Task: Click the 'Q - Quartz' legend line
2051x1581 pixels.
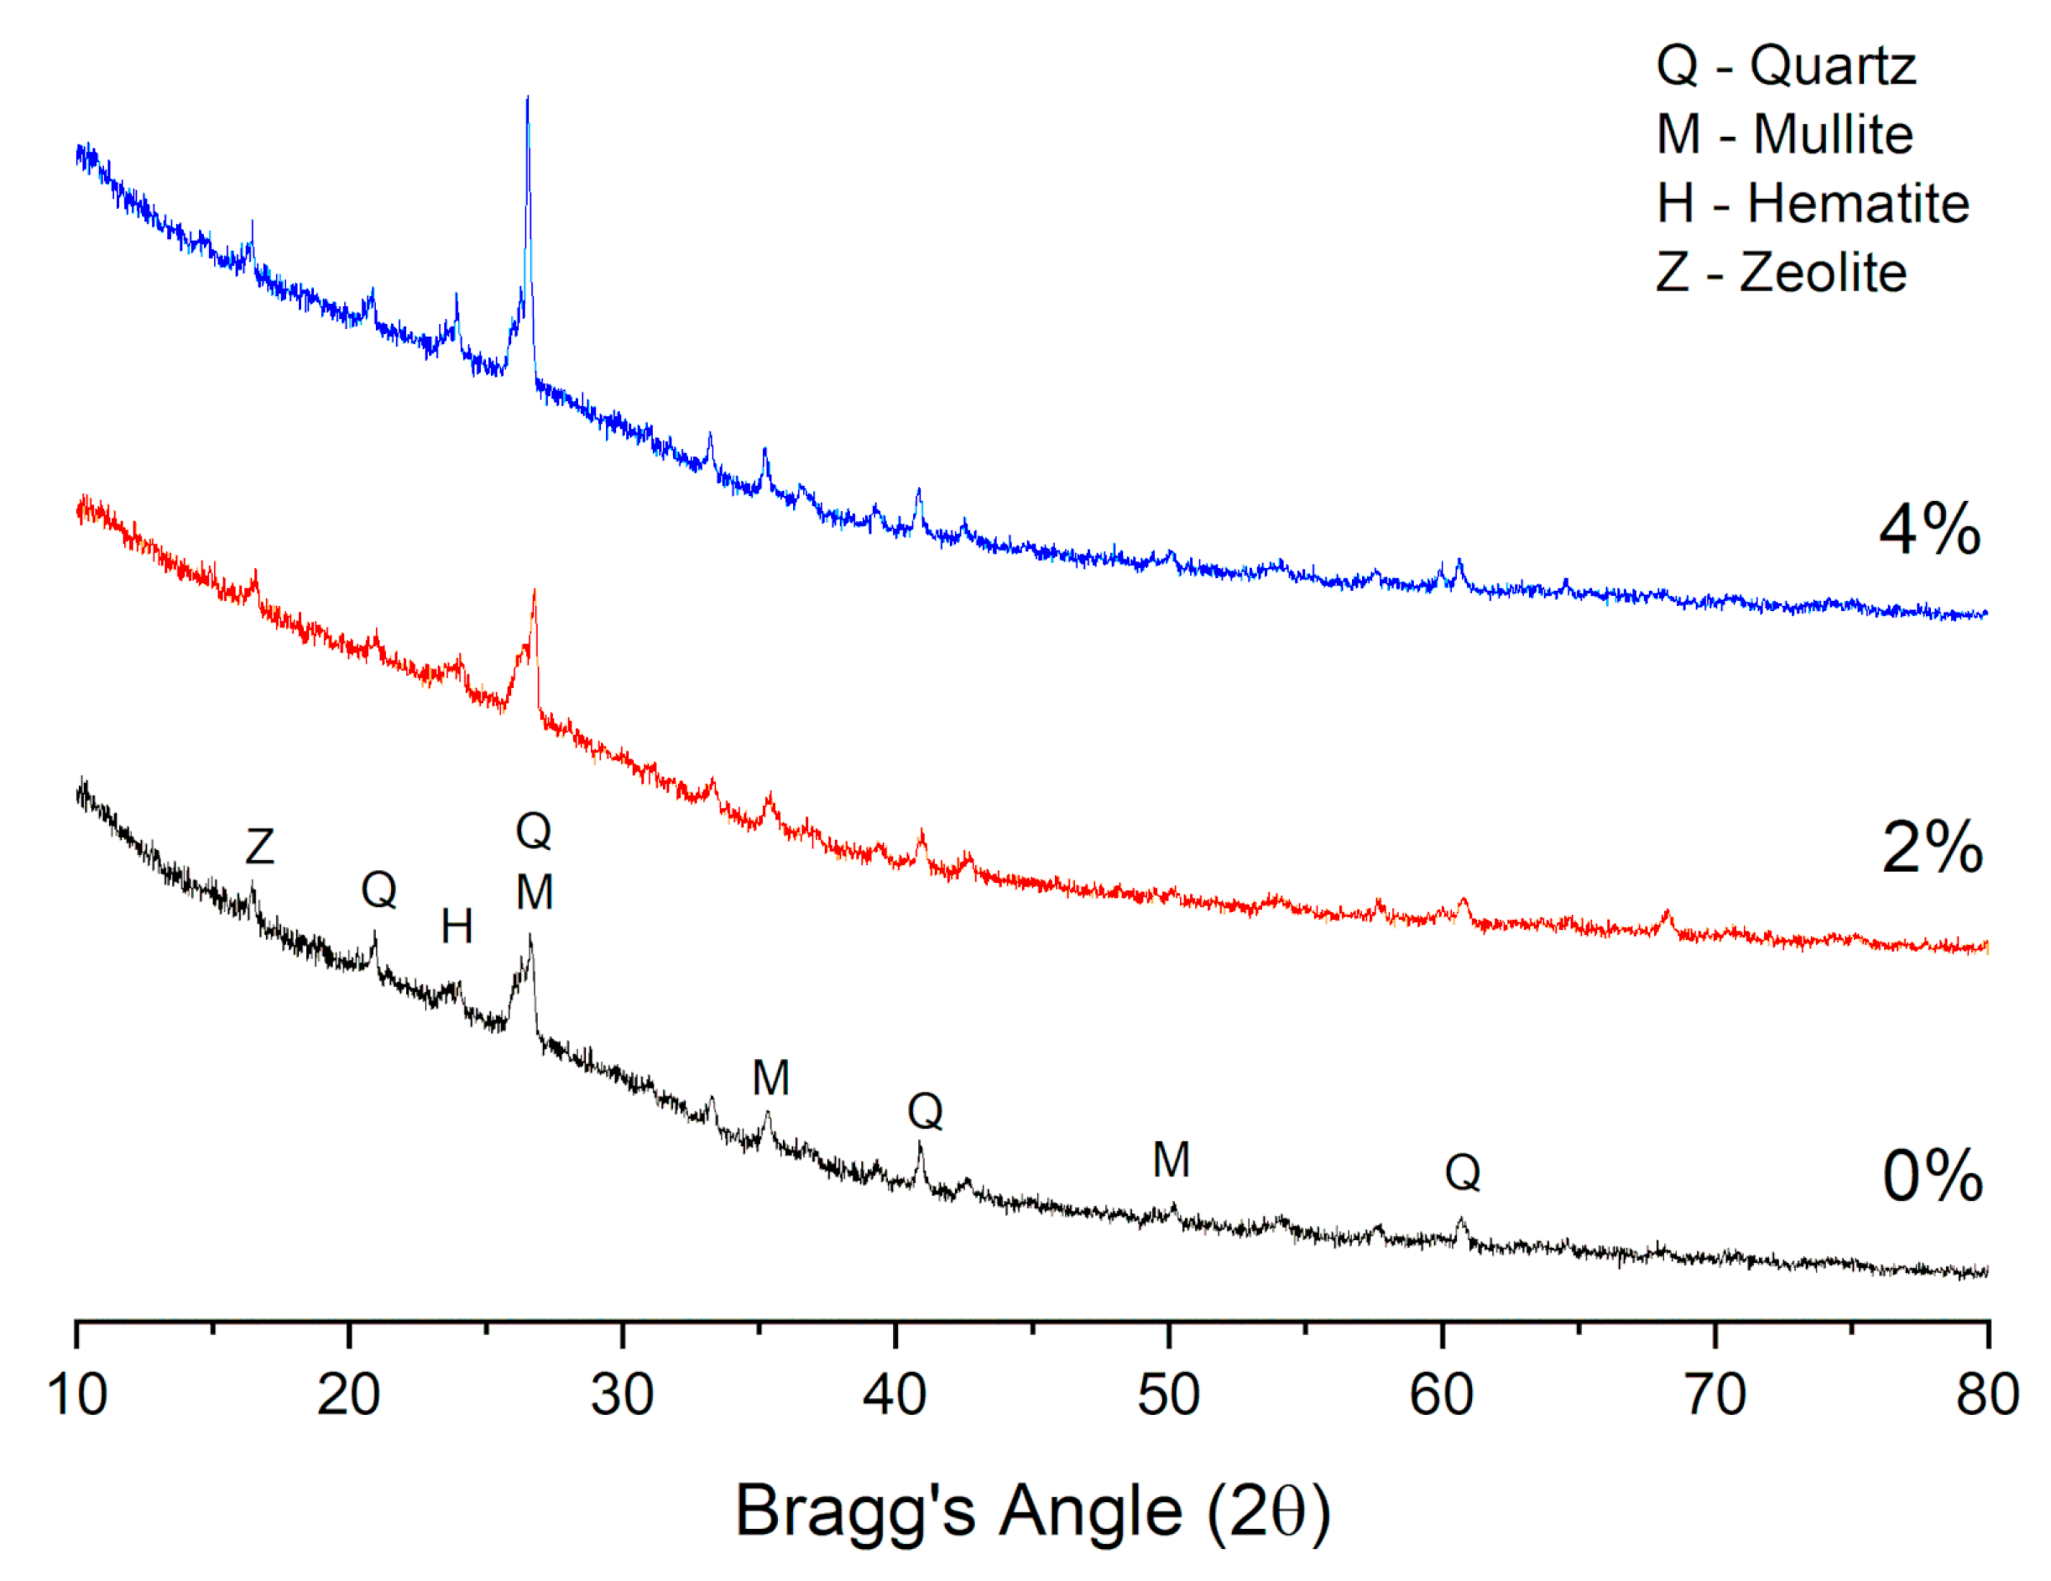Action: (1784, 65)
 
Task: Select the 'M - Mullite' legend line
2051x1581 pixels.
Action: (1784, 134)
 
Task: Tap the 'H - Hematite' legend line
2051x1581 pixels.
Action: (1812, 204)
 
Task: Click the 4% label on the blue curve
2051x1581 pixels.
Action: (1929, 530)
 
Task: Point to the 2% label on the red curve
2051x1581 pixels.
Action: (1932, 848)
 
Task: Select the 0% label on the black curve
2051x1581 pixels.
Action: (1932, 1176)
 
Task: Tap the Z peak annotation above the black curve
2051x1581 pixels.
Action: (260, 847)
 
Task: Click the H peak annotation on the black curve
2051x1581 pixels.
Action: (457, 927)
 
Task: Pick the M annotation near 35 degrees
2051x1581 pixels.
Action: (771, 1077)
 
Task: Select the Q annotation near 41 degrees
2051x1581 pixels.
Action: (925, 1112)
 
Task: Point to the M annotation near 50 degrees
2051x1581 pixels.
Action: (1171, 1161)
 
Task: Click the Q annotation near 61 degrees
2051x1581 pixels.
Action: (1462, 1172)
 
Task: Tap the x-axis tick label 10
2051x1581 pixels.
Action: (77, 1395)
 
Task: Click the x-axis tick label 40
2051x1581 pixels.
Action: (895, 1395)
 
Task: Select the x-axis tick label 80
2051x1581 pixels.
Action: (1987, 1395)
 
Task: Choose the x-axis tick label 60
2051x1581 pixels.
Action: (1442, 1395)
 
